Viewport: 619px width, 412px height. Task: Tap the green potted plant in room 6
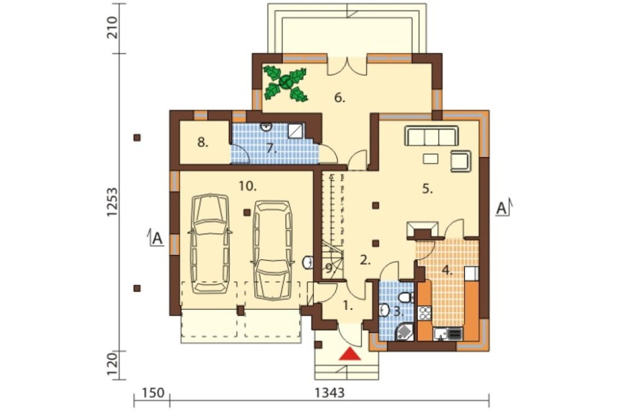coord(285,83)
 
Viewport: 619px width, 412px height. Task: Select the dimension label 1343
coord(330,393)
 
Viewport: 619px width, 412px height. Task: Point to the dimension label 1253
coord(111,202)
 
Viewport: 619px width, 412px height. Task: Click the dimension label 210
coord(111,28)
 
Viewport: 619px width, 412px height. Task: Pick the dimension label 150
coord(153,393)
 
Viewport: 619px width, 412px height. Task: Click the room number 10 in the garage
coord(248,186)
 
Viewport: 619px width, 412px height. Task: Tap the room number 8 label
coord(202,142)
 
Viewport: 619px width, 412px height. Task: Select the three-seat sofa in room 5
coord(431,136)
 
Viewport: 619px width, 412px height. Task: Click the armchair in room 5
coord(461,161)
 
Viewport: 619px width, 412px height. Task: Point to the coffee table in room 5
coord(430,158)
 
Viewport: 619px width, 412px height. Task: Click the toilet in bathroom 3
coord(405,297)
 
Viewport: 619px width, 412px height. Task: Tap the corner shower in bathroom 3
coord(404,332)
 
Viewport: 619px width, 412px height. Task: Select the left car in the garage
coord(210,243)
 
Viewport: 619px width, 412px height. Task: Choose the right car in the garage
coord(273,251)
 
